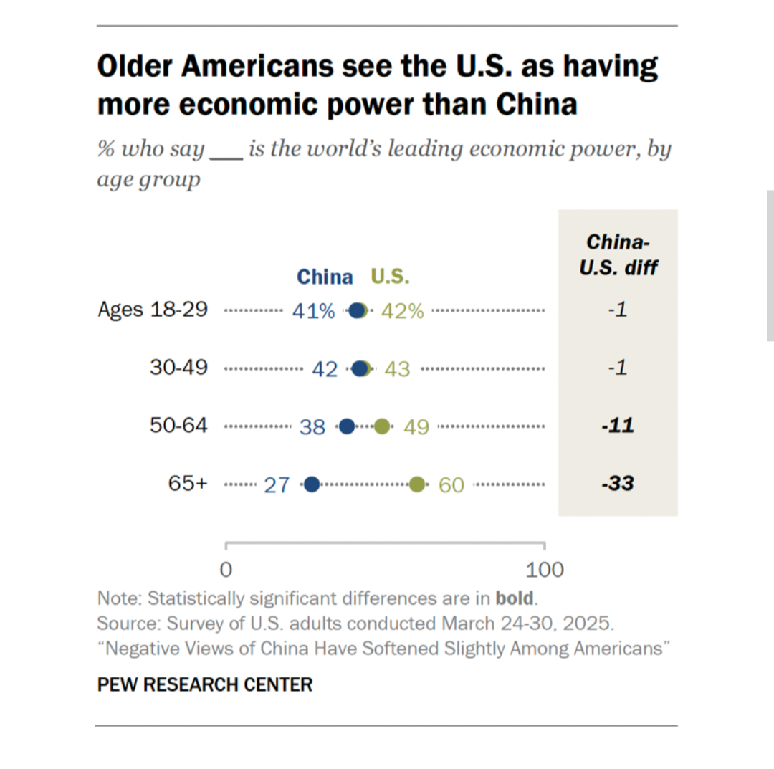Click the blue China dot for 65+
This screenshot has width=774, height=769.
click(312, 484)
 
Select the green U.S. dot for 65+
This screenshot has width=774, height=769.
click(417, 484)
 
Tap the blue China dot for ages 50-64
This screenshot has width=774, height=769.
click(347, 426)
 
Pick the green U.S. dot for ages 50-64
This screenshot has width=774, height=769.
click(382, 426)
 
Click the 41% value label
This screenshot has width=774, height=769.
click(313, 311)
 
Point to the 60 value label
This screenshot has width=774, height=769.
click(451, 485)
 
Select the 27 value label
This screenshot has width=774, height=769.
click(277, 485)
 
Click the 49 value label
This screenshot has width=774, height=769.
click(416, 427)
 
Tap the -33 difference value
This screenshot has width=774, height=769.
click(617, 484)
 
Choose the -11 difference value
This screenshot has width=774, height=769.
click(617, 426)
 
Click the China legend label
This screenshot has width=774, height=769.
click(325, 277)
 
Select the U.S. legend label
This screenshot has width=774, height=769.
click(390, 277)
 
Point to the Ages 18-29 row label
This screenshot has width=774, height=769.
click(153, 310)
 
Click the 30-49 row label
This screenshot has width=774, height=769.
click(178, 368)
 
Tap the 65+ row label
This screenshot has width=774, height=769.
click(188, 483)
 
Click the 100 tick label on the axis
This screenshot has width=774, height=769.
click(545, 570)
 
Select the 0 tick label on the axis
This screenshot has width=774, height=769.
click(226, 570)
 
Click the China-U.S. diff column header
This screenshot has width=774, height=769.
click(618, 254)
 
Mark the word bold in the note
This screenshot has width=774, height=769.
click(514, 598)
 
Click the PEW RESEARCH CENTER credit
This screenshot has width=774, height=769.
click(205, 684)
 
